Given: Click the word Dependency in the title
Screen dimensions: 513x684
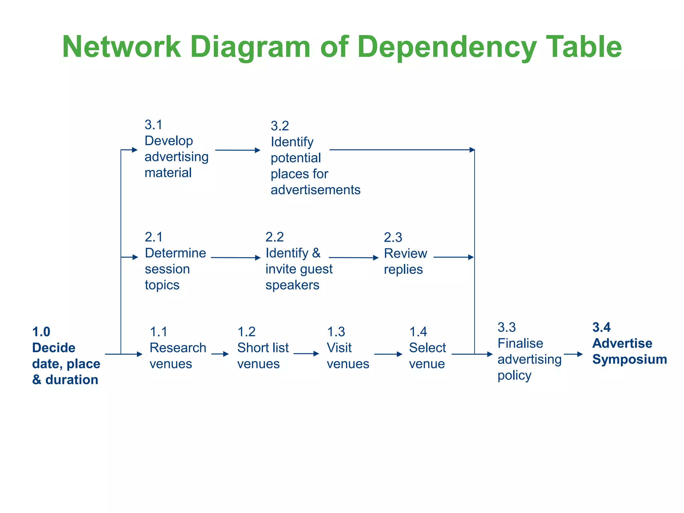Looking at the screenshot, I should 447,47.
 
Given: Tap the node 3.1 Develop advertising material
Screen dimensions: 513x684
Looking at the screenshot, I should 176,149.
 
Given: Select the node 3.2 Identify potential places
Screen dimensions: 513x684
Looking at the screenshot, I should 315,158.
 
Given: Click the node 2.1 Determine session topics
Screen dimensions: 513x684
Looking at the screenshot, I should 175,261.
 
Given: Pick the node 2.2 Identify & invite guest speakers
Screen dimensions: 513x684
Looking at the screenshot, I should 299,261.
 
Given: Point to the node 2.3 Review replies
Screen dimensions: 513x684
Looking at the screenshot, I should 405,254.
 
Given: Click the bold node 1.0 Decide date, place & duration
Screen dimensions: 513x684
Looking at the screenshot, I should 66,356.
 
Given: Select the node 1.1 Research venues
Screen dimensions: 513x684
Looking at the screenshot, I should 177,348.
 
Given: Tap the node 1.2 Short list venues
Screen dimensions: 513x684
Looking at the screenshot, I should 263,348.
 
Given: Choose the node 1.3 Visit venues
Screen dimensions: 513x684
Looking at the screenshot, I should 347,348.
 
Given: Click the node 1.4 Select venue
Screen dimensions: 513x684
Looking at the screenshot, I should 427,348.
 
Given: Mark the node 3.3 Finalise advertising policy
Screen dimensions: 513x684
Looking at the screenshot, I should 529,351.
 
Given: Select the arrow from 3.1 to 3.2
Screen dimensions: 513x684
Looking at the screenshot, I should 237,150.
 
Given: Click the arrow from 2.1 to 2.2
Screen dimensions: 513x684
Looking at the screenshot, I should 235,258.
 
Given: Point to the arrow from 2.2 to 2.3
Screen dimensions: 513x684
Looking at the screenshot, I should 353,258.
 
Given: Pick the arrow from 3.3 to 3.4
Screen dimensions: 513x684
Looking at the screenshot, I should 573,354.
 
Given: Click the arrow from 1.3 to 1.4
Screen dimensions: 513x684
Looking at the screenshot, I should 388,354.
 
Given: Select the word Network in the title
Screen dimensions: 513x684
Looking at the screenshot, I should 121,47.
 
